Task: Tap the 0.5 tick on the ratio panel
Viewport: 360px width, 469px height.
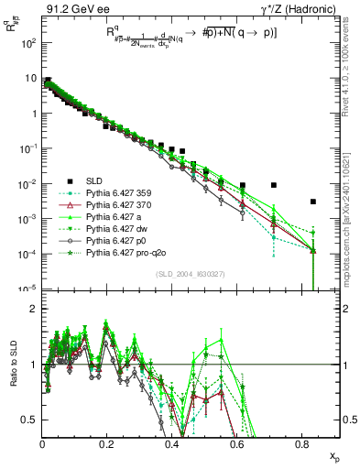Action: click(x=31, y=420)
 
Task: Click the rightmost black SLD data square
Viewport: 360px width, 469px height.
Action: click(x=313, y=202)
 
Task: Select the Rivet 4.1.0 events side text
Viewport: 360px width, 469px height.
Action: click(x=353, y=73)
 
